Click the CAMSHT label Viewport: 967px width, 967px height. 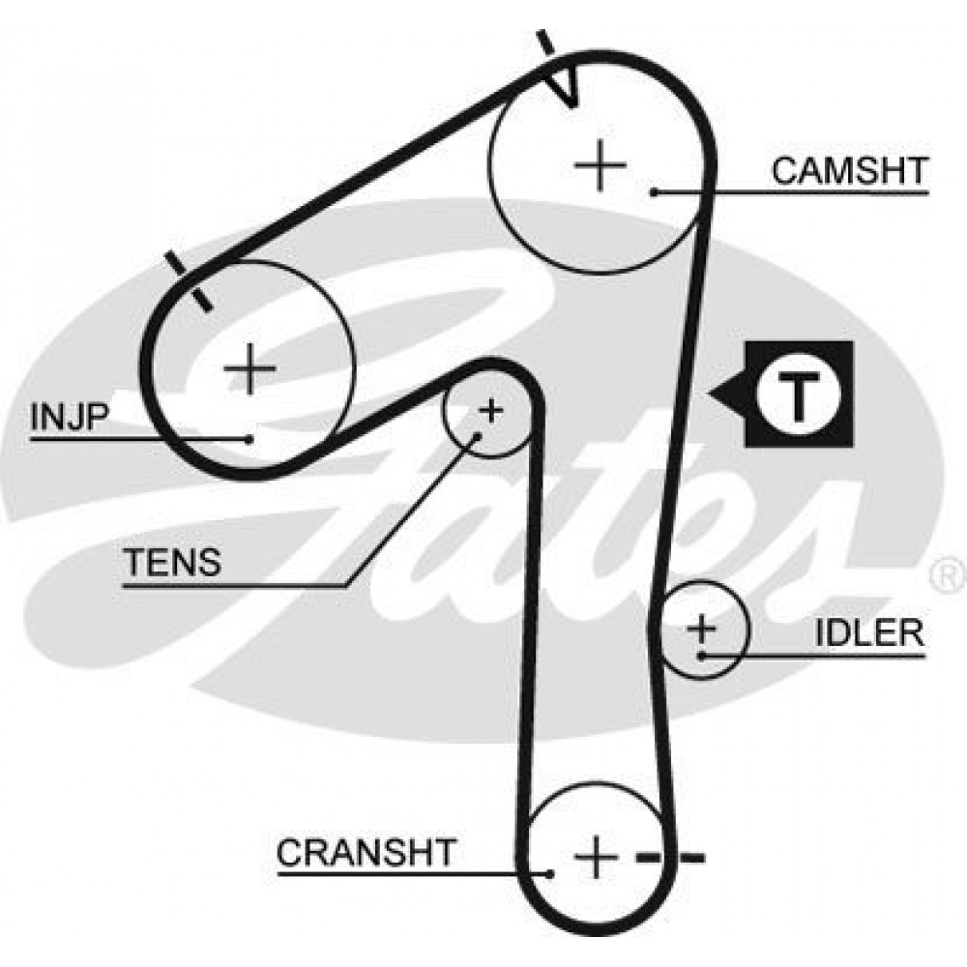(x=850, y=171)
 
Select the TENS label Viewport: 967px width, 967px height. (x=173, y=562)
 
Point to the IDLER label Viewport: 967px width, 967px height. (x=870, y=632)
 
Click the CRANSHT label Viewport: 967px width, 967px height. (x=366, y=852)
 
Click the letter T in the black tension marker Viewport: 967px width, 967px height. (x=799, y=395)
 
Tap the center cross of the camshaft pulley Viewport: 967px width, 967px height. (x=601, y=165)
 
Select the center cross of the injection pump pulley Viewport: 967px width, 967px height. (x=249, y=368)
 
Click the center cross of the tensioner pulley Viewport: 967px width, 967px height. (x=491, y=410)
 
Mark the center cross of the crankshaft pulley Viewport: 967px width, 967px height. (x=596, y=857)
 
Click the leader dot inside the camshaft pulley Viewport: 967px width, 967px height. (x=654, y=192)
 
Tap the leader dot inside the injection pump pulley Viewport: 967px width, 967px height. (x=249, y=439)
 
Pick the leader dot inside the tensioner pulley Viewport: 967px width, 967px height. (x=477, y=436)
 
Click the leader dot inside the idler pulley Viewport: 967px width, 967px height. (x=701, y=656)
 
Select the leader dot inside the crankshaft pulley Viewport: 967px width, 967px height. (x=549, y=873)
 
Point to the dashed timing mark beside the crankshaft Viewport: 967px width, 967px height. (x=670, y=857)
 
